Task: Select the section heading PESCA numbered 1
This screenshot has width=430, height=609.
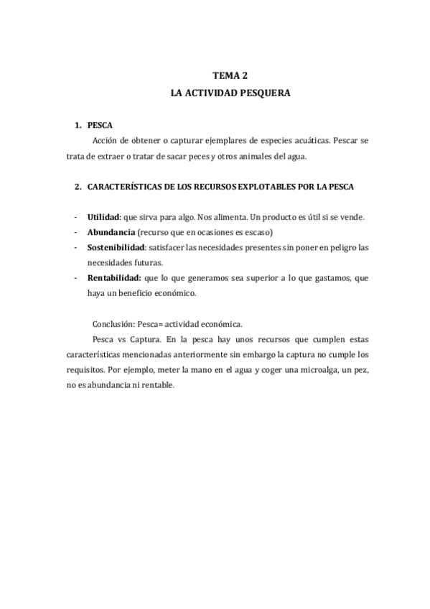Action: point(101,125)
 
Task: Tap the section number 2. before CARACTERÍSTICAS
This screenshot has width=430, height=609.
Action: point(78,186)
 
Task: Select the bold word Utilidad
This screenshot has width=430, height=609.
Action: point(103,217)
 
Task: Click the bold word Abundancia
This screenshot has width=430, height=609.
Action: point(111,232)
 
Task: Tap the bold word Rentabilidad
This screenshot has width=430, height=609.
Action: point(113,278)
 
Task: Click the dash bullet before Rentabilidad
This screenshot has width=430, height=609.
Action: point(76,278)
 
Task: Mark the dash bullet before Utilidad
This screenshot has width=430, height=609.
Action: point(76,217)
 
